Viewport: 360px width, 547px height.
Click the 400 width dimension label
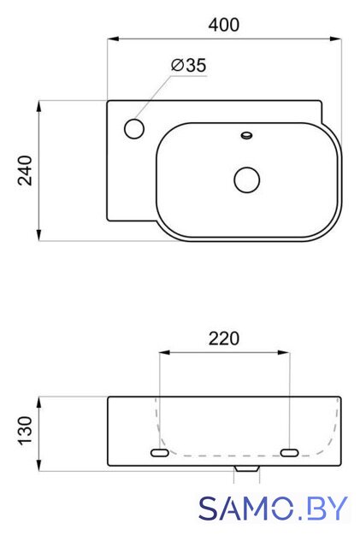(x=223, y=25)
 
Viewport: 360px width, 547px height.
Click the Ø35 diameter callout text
(x=189, y=65)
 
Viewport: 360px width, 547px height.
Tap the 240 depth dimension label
(x=25, y=171)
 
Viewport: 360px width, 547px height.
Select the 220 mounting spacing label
(x=224, y=338)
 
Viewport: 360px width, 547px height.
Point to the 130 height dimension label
(x=25, y=431)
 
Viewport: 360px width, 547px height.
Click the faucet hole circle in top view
(x=134, y=128)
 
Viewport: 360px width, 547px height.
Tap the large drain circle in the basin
(x=247, y=180)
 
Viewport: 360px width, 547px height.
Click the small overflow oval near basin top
(x=247, y=135)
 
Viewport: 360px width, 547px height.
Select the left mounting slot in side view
(x=160, y=453)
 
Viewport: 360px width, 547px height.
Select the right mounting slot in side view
(x=290, y=453)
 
